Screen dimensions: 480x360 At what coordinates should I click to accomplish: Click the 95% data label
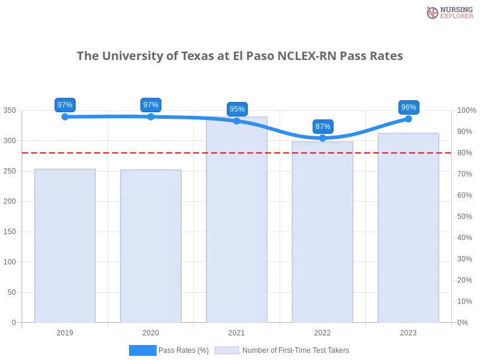pos(237,109)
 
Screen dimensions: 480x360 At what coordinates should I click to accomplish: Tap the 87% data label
pos(323,127)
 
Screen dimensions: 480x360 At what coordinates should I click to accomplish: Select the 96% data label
pos(409,107)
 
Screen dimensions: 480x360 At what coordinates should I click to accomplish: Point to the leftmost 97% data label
pos(65,105)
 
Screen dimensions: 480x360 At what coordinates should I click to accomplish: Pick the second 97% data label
pos(151,105)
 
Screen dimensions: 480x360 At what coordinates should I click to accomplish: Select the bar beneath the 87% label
pos(323,234)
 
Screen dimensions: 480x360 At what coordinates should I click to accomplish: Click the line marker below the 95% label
pos(237,121)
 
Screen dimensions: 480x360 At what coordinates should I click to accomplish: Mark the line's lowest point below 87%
pos(323,138)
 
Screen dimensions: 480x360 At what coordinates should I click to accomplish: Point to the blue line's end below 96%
pos(410,118)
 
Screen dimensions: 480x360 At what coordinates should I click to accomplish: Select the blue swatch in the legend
pos(143,350)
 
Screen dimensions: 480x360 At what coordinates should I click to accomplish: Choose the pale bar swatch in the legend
pos(227,350)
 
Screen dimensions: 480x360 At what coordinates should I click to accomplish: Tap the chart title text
pos(240,56)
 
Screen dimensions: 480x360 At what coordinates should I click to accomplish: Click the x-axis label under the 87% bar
pos(323,331)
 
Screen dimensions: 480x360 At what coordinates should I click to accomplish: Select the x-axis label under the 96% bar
pos(409,331)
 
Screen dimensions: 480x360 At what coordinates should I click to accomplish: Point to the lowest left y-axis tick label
pos(13,322)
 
